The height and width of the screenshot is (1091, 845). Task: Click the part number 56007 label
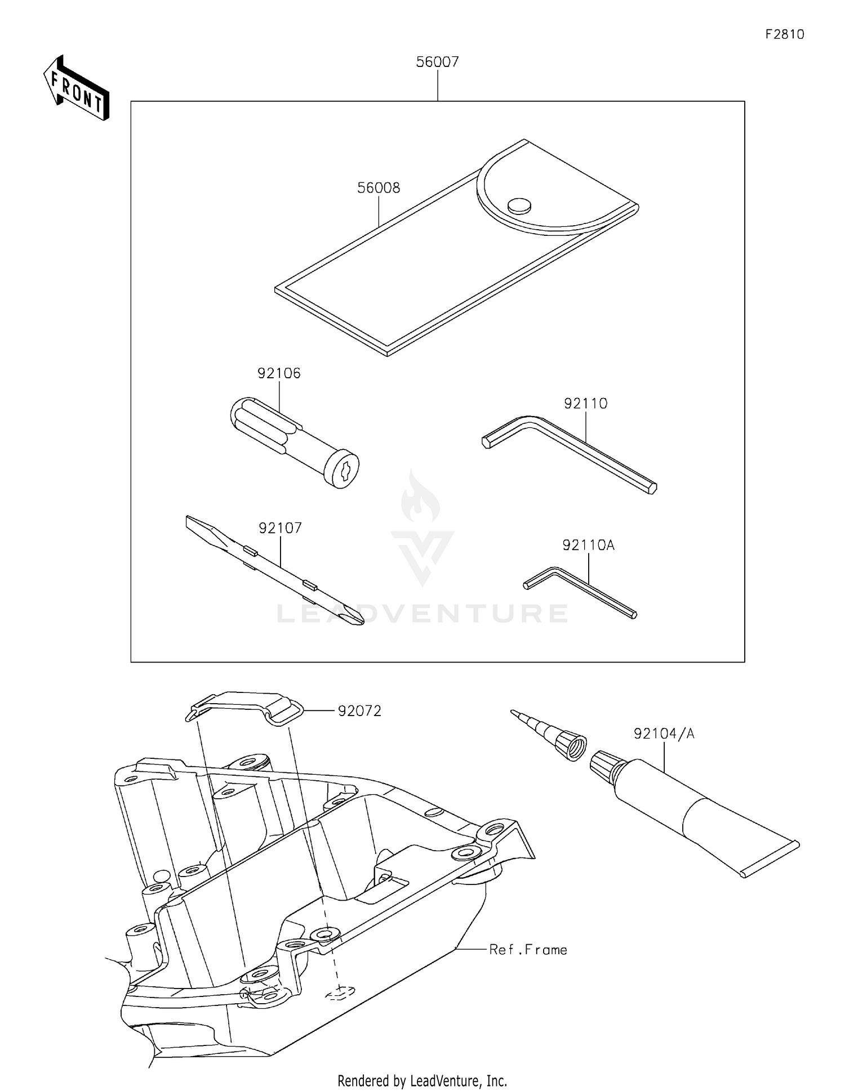click(437, 62)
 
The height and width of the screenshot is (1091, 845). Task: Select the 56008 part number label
click(379, 188)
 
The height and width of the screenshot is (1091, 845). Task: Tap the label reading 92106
click(279, 373)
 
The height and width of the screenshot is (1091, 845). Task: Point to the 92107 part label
click(281, 528)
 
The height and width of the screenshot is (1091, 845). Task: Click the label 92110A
click(588, 545)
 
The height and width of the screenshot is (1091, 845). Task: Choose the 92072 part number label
click(359, 711)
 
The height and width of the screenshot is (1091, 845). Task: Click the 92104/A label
click(664, 734)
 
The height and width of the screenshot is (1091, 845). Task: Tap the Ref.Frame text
click(528, 950)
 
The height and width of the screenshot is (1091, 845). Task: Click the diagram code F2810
click(785, 34)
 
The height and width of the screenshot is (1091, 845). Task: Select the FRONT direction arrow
click(77, 88)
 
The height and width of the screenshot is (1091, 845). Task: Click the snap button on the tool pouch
click(519, 206)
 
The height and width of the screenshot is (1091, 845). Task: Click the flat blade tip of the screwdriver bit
click(197, 524)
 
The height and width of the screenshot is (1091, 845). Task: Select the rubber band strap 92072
click(246, 705)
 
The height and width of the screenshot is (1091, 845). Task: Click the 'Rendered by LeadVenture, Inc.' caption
click(422, 1081)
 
